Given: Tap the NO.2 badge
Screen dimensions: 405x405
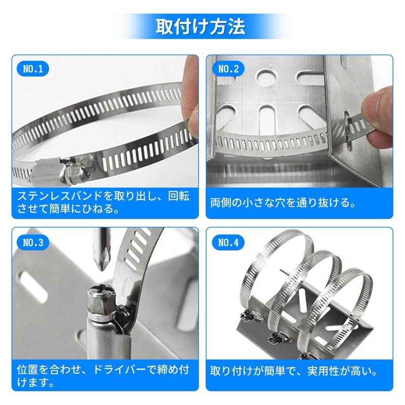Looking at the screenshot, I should [x=228, y=69].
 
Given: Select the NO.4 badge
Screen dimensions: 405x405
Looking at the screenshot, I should [x=228, y=242].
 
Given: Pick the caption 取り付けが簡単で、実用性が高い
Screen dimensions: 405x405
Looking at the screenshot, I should [x=294, y=372].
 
